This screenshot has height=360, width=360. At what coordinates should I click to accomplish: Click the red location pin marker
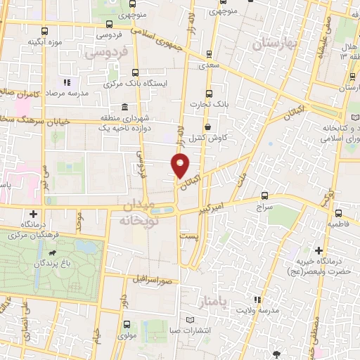(181, 167)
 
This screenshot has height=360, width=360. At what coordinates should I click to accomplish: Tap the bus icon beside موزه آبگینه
(46, 31)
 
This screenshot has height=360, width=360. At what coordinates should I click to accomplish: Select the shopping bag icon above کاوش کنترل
(209, 127)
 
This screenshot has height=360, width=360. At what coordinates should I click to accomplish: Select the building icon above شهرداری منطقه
(124, 107)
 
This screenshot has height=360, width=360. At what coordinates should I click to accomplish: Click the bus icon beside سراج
(264, 196)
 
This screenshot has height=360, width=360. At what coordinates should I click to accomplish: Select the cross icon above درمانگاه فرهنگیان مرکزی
(33, 214)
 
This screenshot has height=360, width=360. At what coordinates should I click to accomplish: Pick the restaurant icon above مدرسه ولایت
(257, 299)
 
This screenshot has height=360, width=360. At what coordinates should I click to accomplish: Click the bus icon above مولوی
(127, 324)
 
